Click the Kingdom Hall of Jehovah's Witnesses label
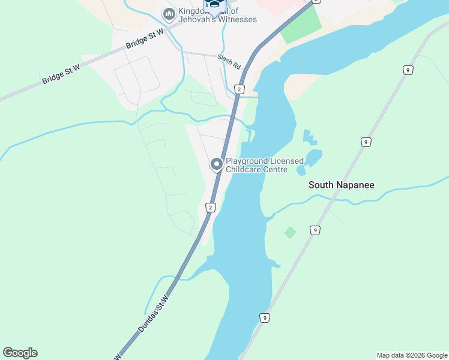point(217,16)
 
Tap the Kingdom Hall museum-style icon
point(169,13)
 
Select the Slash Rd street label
point(229,61)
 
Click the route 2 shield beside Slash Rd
point(240,89)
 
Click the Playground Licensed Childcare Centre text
point(264,165)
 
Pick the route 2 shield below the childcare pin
point(210,208)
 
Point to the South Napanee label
point(341,185)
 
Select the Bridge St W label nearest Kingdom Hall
point(145,40)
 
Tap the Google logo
point(20,353)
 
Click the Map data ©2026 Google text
point(412,355)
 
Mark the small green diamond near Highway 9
point(290,232)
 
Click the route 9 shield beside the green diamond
point(314,230)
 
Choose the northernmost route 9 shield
point(408,70)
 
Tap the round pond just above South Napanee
point(313,158)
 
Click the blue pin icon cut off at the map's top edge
point(213,5)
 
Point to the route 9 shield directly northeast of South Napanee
point(366,142)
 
